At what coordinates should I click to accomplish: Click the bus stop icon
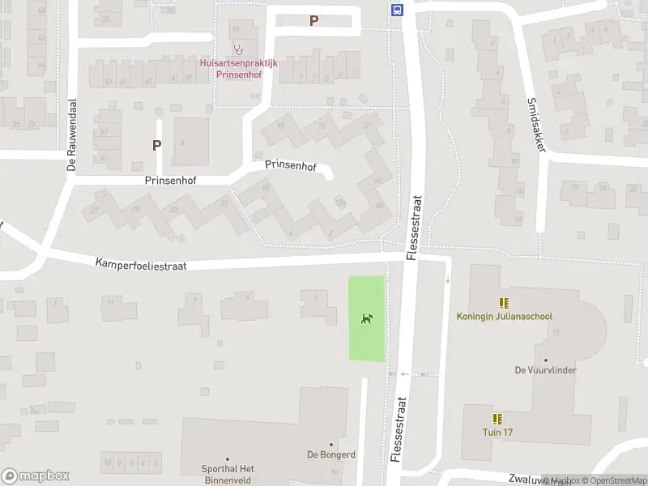coord(398,11)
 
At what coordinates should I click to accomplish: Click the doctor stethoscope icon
coord(238,49)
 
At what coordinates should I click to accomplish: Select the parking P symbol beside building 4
coord(156,146)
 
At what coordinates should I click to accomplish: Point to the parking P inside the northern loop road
coord(314,21)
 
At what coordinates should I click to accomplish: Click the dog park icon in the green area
coord(367,318)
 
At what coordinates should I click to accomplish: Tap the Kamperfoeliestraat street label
coord(141,264)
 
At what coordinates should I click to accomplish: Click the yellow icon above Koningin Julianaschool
coord(504,303)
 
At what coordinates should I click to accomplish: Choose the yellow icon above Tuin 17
coord(497,418)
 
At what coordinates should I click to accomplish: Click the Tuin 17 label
coord(497,432)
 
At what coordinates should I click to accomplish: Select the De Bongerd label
coord(330,454)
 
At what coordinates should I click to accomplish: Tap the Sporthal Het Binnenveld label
coord(228,475)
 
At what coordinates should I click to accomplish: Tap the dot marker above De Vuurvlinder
coord(545,360)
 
